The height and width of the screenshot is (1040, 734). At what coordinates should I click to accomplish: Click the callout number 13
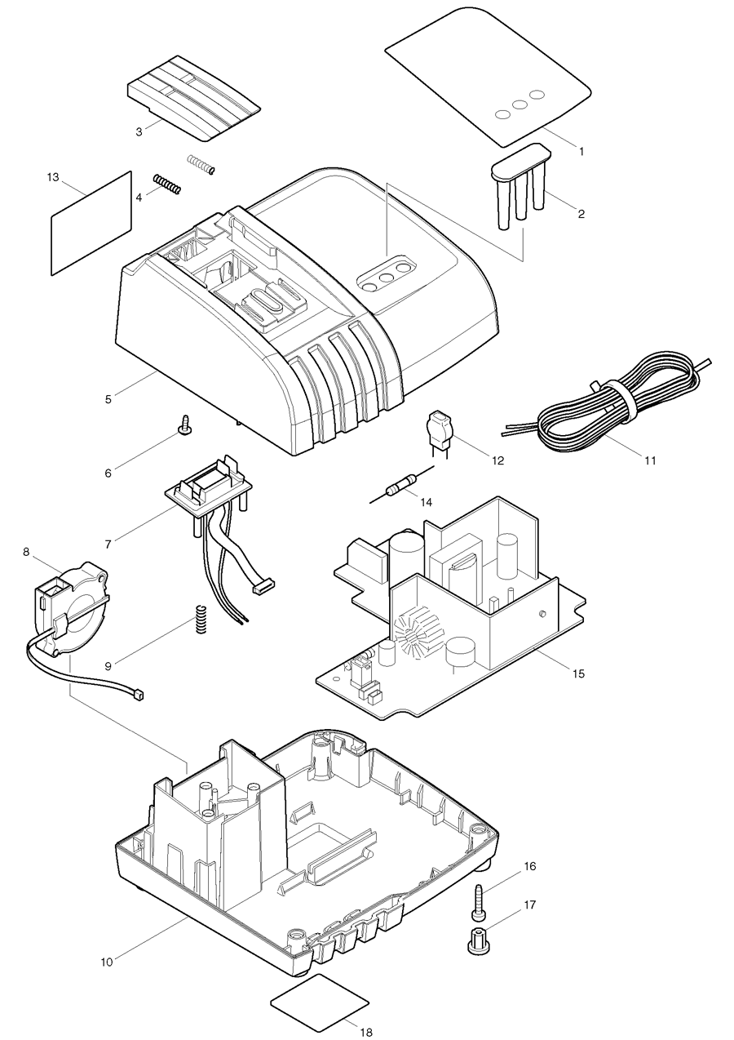pos(54,176)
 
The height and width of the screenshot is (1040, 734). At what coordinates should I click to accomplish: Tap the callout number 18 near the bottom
pos(365,1031)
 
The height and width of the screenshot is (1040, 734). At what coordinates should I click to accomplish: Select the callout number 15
pos(578,673)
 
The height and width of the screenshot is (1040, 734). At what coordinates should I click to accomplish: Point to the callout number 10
pos(107,962)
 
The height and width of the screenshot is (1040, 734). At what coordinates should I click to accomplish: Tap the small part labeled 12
pos(438,431)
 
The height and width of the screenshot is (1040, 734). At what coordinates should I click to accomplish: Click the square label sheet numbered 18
pos(319,1002)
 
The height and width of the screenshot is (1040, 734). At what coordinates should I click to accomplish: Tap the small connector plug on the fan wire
pos(137,695)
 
